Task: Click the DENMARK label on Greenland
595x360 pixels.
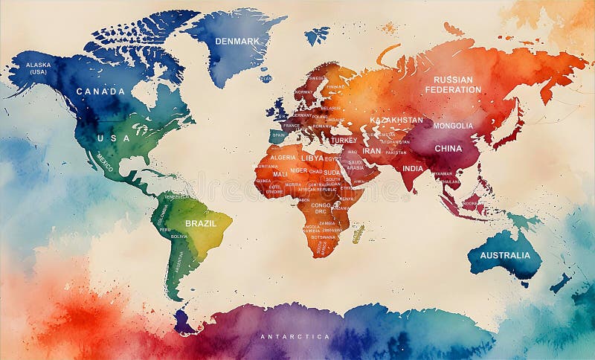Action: pyautogui.click(x=237, y=41)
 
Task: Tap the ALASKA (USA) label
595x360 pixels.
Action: pyautogui.click(x=39, y=68)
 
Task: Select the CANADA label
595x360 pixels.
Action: pyautogui.click(x=100, y=91)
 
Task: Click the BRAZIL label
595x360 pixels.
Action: pyautogui.click(x=200, y=223)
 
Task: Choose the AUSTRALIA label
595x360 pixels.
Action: pyautogui.click(x=505, y=255)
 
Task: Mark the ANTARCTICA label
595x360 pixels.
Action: pyautogui.click(x=295, y=337)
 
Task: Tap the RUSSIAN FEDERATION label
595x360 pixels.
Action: pyautogui.click(x=453, y=84)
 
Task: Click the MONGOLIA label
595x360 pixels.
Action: pyautogui.click(x=453, y=126)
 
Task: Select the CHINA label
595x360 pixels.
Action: pyautogui.click(x=448, y=148)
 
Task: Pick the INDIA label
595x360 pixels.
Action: pyautogui.click(x=413, y=168)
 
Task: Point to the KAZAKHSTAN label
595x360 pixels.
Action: pyautogui.click(x=396, y=120)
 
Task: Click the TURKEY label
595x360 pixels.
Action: pyautogui.click(x=344, y=140)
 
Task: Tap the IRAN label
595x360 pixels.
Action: pyautogui.click(x=371, y=151)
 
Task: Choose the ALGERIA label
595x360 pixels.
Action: pyautogui.click(x=283, y=158)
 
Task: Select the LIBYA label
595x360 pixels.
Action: pyautogui.click(x=312, y=158)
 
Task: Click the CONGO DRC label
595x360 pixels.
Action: pyautogui.click(x=321, y=208)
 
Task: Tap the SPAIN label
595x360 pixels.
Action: pyautogui.click(x=278, y=135)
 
